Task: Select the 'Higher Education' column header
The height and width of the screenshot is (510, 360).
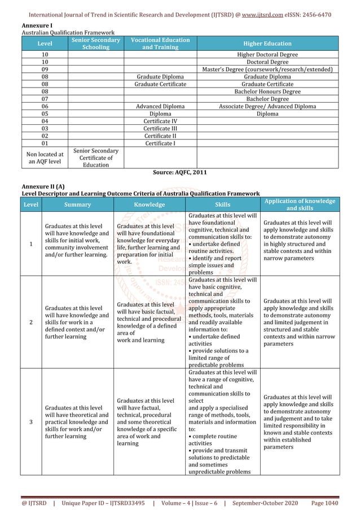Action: tap(267, 43)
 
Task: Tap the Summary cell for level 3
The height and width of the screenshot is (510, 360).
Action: tap(76, 421)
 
